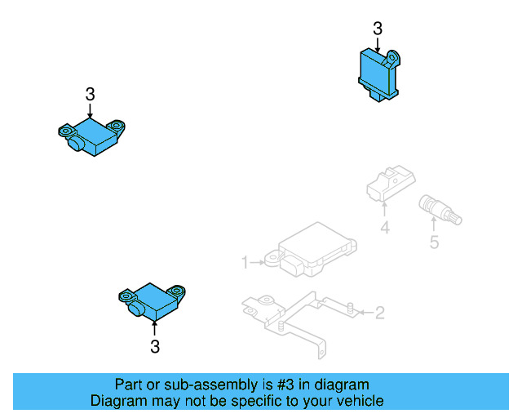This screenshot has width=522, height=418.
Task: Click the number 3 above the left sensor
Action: click(x=91, y=94)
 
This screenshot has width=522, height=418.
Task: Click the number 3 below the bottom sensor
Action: click(x=155, y=347)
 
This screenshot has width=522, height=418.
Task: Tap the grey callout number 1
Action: click(x=244, y=262)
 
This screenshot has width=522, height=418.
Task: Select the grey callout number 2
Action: click(x=379, y=312)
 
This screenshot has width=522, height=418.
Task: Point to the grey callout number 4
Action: click(x=385, y=229)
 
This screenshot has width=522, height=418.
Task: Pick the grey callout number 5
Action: click(x=434, y=242)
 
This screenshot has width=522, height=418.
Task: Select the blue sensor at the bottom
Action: click(x=152, y=300)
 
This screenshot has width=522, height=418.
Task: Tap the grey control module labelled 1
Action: click(x=314, y=250)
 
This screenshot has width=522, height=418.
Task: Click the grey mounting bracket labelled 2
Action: click(x=294, y=314)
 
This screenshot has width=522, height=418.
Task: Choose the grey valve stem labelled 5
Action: click(x=439, y=211)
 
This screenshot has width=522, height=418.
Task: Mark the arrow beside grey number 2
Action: click(x=362, y=312)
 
